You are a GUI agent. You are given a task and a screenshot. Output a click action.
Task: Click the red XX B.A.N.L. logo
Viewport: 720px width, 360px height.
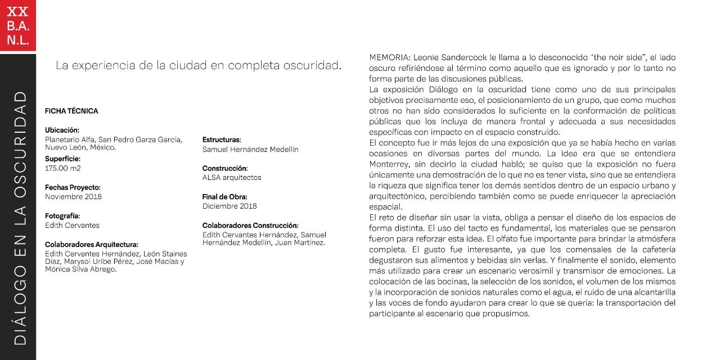pyautogui.click(x=18, y=25)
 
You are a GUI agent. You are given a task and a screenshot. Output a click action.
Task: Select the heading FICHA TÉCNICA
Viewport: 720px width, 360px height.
pyautogui.click(x=71, y=111)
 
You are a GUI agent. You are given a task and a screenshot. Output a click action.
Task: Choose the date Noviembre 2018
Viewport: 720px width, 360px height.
pyautogui.click(x=73, y=197)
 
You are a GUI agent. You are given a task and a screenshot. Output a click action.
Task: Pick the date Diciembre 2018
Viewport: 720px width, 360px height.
pyautogui.click(x=229, y=206)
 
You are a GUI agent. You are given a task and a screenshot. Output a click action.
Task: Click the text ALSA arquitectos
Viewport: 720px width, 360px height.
pyautogui.click(x=232, y=178)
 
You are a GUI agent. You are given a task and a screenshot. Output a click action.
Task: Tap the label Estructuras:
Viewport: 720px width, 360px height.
pyautogui.click(x=222, y=139)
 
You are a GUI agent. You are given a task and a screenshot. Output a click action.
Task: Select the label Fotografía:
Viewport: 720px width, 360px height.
pyautogui.click(x=62, y=215)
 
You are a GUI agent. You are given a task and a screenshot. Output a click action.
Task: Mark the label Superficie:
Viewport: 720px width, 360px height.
pyautogui.click(x=62, y=159)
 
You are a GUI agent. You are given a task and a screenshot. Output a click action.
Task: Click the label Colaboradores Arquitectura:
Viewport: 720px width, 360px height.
pyautogui.click(x=92, y=244)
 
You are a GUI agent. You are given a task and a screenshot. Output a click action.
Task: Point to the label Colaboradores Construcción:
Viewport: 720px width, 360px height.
pyautogui.click(x=250, y=225)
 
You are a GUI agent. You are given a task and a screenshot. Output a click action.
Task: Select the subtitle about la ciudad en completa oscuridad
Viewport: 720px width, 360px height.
pyautogui.click(x=199, y=65)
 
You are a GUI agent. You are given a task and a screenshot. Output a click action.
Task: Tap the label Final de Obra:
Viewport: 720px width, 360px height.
pyautogui.click(x=225, y=197)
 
